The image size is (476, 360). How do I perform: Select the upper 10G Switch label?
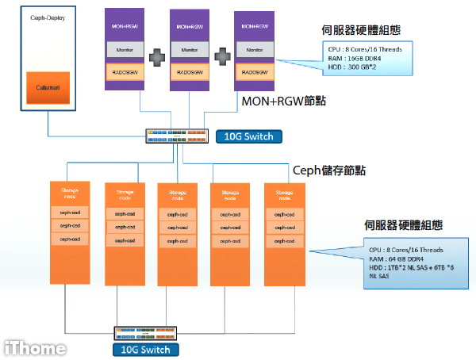[248, 136]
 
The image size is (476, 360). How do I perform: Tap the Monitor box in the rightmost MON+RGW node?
[255, 50]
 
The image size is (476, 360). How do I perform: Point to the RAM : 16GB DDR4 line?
[355, 57]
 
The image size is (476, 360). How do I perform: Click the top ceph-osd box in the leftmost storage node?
[71, 213]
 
